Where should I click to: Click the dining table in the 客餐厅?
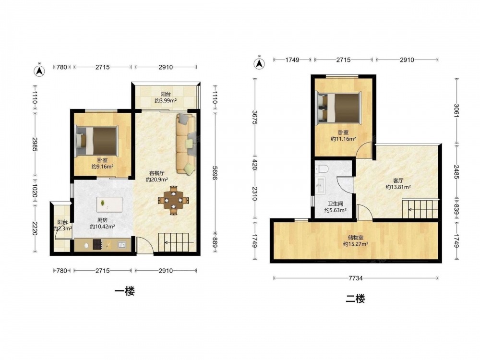173,200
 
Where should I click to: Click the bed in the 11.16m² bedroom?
339,108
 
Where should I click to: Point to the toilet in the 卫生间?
322,168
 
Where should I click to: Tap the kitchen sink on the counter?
122,245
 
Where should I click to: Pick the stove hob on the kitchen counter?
97,245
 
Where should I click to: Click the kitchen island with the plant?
109,204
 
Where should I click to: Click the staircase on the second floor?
420,209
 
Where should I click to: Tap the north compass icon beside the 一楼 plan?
39,70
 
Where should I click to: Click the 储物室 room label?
356,237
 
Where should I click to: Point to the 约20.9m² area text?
157,180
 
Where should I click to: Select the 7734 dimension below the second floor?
356,278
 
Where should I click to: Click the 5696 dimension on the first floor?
214,173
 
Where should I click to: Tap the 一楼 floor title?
125,291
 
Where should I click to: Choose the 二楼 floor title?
355,299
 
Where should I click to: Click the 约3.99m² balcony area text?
166,101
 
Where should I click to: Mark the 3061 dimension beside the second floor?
456,111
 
